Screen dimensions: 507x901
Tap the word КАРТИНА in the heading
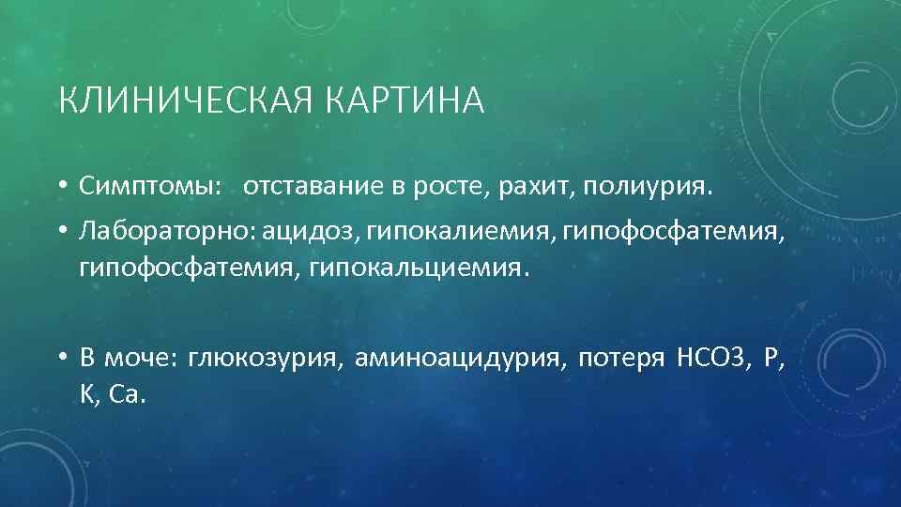click(406, 100)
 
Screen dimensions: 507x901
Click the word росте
click(454, 186)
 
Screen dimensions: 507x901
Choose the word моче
click(145, 357)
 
